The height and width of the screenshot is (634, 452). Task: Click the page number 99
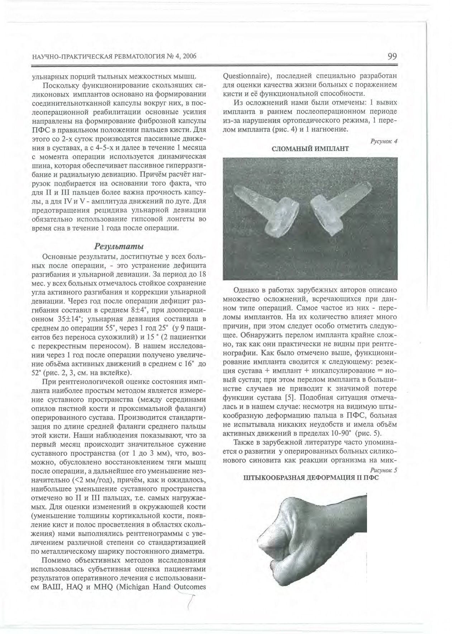[x=392, y=57]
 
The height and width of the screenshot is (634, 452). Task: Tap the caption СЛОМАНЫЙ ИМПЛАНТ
[x=310, y=148]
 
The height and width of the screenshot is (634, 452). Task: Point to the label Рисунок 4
[x=385, y=141]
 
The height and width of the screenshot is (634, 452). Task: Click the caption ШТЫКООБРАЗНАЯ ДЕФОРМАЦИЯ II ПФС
[x=310, y=478]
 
